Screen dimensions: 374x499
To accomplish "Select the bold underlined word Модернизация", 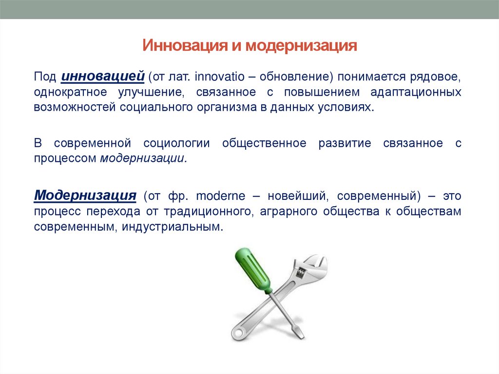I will coord(85,196).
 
